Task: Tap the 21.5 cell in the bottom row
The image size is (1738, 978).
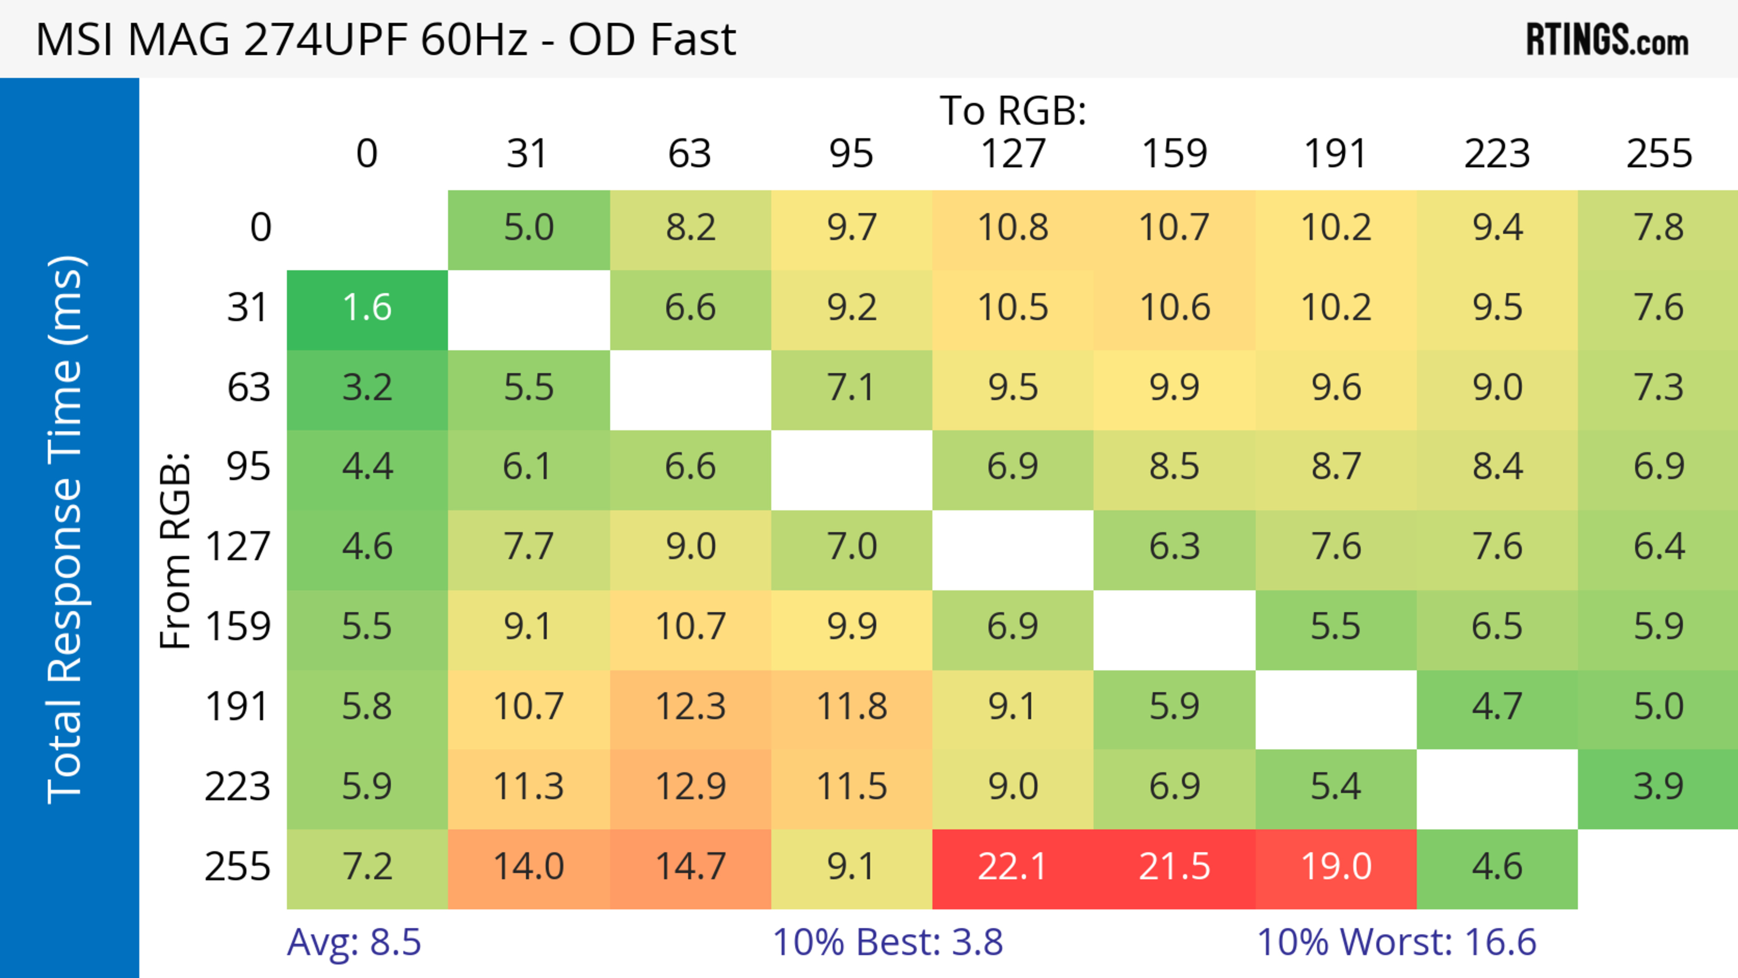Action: (1174, 868)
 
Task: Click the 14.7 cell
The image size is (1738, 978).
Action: (690, 868)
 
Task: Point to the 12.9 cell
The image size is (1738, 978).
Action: (690, 787)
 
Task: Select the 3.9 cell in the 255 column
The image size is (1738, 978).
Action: (1658, 787)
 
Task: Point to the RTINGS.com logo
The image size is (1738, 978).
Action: (1607, 40)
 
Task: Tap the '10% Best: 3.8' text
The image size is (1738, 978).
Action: (887, 942)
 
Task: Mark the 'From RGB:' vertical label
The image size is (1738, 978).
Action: (176, 550)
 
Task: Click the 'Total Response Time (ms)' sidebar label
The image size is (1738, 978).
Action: (66, 530)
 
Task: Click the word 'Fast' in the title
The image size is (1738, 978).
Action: (688, 40)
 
